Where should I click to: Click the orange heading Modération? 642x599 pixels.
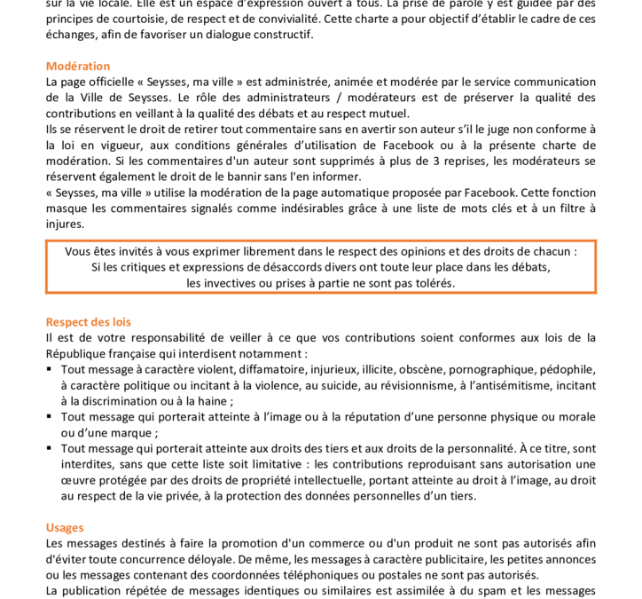78,66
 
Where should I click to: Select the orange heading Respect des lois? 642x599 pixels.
88,322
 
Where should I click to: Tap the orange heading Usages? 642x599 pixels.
65,527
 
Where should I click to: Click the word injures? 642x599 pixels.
65,224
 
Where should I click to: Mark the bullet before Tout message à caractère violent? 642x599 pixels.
50,369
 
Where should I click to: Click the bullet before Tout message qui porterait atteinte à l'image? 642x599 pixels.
50,417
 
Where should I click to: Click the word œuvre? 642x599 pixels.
78,480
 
